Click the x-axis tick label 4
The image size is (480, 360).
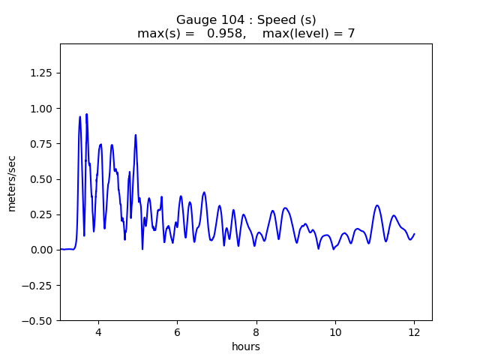(98, 332)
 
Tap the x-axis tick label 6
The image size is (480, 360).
(177, 332)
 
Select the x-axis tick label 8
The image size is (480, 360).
(256, 332)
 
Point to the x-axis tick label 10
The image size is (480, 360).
(335, 332)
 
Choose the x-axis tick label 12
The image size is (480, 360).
(414, 332)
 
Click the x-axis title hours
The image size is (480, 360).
(246, 346)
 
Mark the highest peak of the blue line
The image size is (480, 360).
(87, 114)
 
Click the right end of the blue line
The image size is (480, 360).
(414, 234)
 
